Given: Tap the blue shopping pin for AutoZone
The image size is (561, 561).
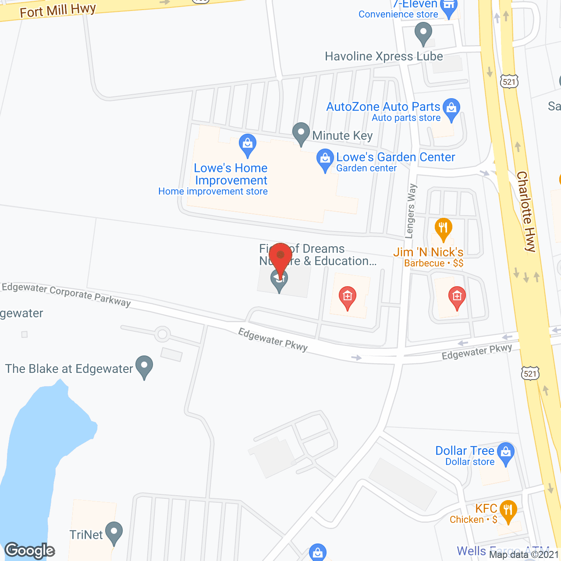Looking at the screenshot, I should point(451,109).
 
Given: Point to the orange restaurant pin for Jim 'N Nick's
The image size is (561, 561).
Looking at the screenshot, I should point(443,229).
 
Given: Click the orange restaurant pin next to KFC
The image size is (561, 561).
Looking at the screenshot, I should point(508,511).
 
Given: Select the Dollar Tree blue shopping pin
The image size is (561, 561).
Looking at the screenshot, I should point(506,454).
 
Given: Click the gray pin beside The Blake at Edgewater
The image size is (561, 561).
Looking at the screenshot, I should point(144,366).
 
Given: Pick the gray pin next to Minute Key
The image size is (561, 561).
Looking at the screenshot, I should point(301,133).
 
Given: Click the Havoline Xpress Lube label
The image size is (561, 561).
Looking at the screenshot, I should point(383,57).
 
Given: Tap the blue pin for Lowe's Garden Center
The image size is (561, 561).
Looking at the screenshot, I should point(325,160).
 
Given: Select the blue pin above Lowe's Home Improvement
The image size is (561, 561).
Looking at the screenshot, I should point(248,145).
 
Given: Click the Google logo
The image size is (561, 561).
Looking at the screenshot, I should point(30,550).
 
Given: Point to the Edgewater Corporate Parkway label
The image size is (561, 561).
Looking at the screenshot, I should point(66,295).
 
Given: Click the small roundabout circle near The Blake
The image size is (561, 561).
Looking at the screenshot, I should point(163,334).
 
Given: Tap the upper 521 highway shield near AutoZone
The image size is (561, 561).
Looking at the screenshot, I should point(509,82).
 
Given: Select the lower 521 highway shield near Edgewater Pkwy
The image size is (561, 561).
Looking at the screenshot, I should point(530,373).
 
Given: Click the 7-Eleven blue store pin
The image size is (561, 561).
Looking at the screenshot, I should point(448,7).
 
